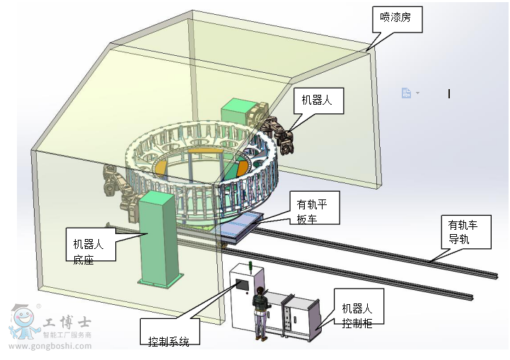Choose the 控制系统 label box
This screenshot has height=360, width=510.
pyautogui.click(x=169, y=333)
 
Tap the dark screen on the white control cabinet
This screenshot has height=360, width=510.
pyautogui.click(x=242, y=286)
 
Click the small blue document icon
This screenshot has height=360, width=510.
pyautogui.click(x=406, y=93)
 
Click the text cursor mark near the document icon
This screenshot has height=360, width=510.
pyautogui.click(x=449, y=93)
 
